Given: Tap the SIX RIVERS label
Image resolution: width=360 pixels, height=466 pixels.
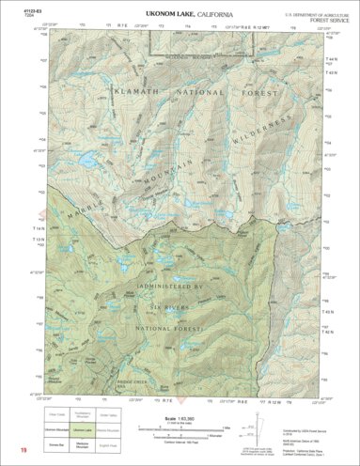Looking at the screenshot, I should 177,306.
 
